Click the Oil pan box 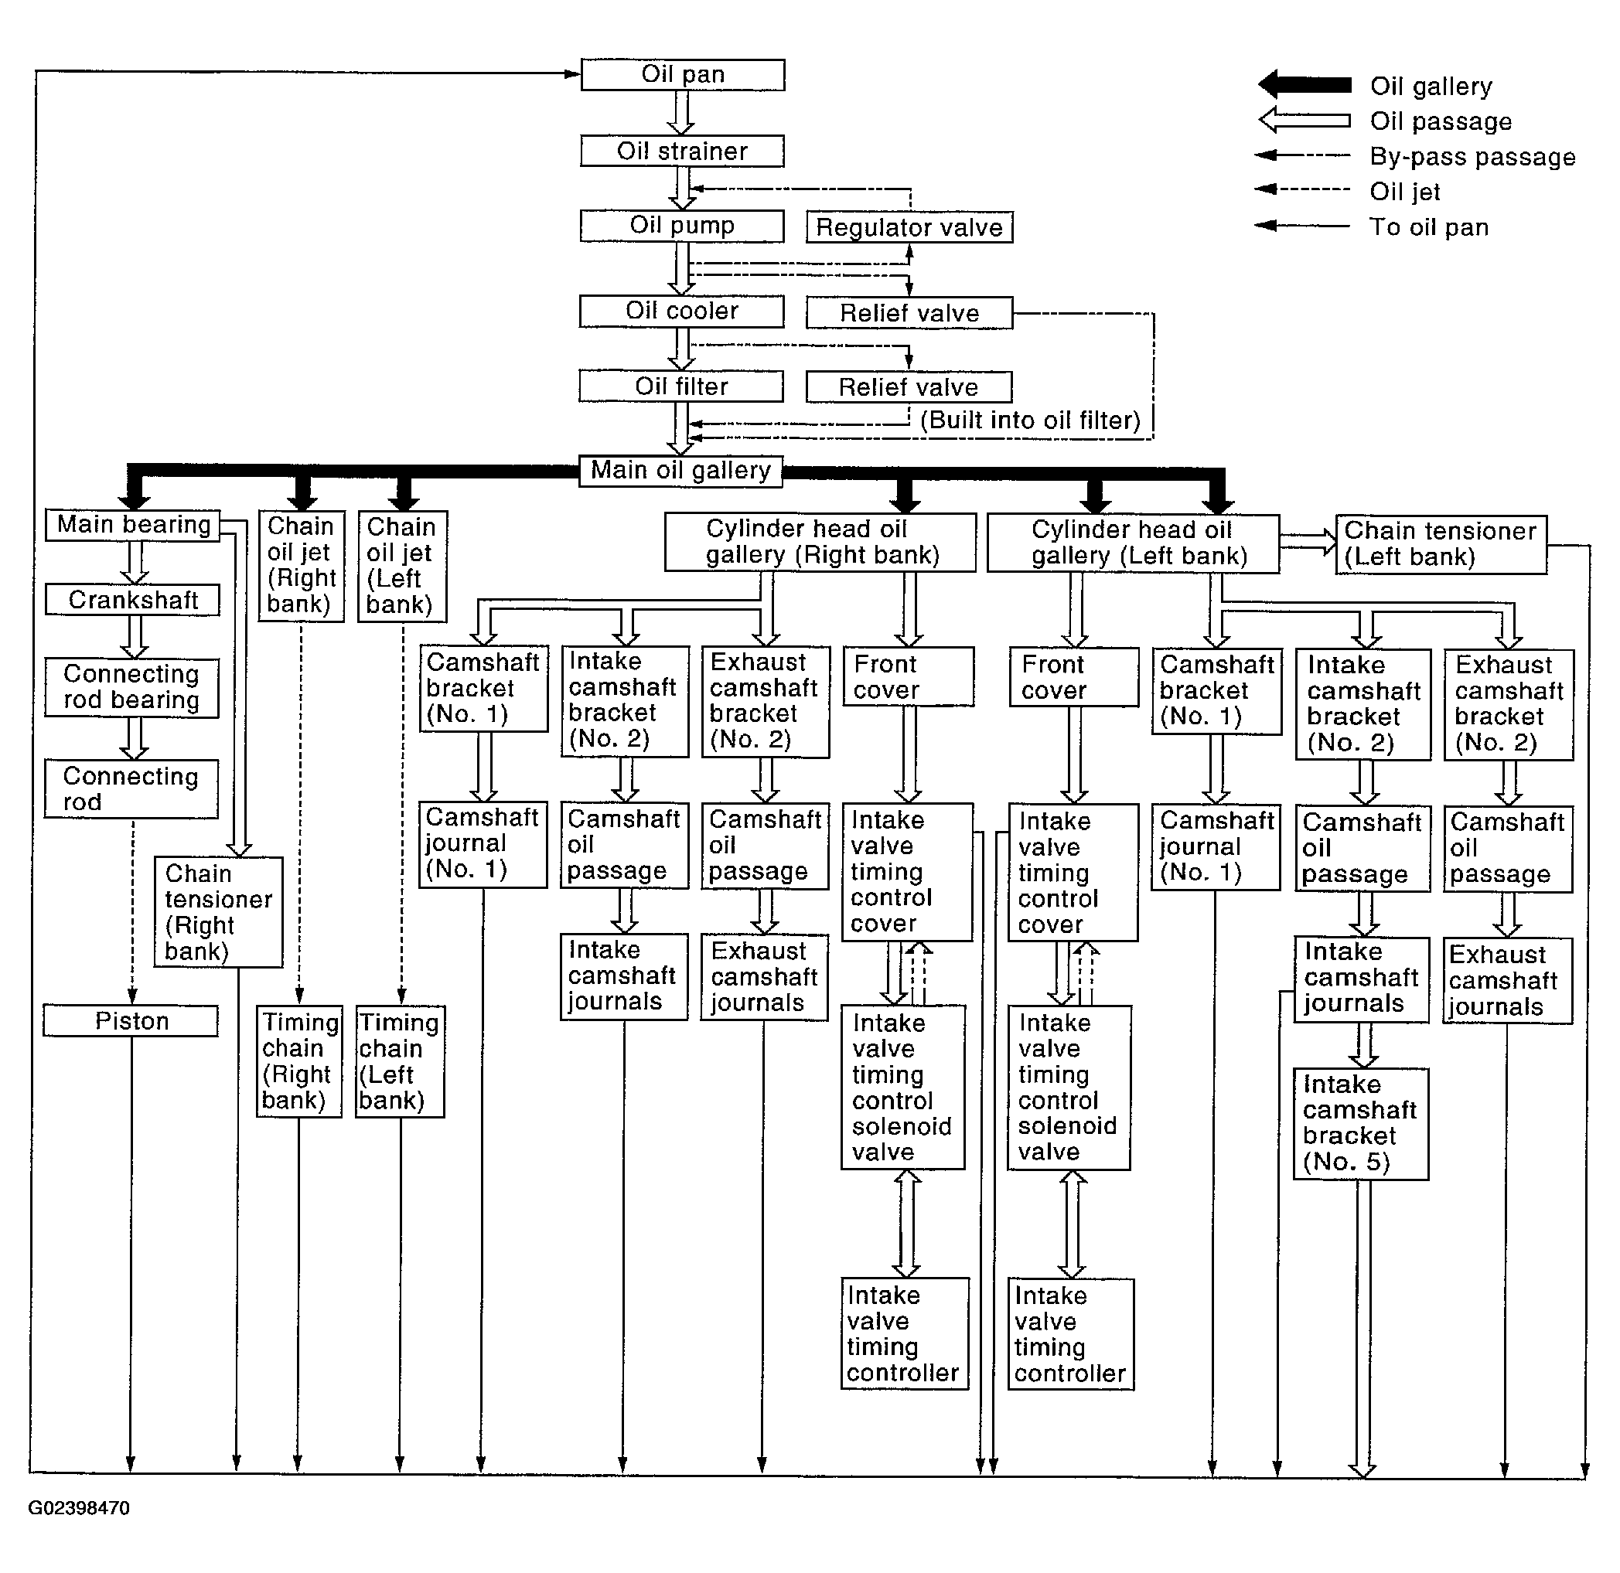[x=682, y=74]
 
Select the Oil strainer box [x=682, y=152]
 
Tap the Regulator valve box [x=909, y=227]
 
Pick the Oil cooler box [x=681, y=312]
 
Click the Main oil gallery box [x=680, y=471]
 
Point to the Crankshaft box [x=132, y=600]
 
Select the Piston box [x=131, y=1020]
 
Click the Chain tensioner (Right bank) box [x=218, y=911]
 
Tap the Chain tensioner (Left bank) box [x=1441, y=543]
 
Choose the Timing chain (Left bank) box [x=400, y=1061]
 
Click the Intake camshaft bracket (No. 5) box [x=1360, y=1123]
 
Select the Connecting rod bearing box [x=131, y=687]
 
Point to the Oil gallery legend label [x=1431, y=86]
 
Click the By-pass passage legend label [x=1472, y=156]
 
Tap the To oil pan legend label [x=1428, y=227]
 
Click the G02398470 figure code [x=79, y=1508]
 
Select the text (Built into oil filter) [x=1030, y=420]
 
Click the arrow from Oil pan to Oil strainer [x=681, y=112]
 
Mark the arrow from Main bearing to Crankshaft [x=134, y=563]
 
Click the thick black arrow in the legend [x=1305, y=84]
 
